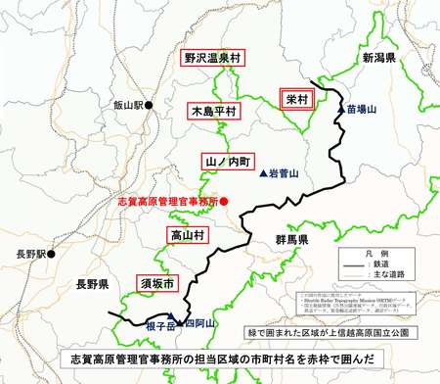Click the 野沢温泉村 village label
pyautogui.click(x=212, y=59)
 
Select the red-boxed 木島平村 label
pyautogui.click(x=214, y=112)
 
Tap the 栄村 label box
pyautogui.click(x=296, y=99)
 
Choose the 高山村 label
pyautogui.click(x=183, y=235)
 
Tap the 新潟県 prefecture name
pyautogui.click(x=377, y=60)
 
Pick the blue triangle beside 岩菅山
pyautogui.click(x=262, y=172)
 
